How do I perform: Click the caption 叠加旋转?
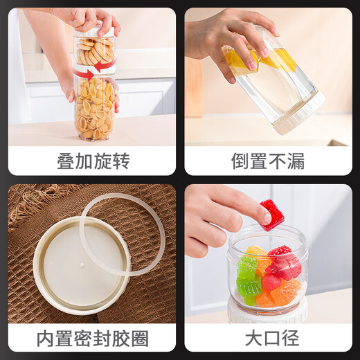pos(93,161)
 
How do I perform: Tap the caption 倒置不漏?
pos(267,161)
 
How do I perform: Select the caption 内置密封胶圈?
pos(93,339)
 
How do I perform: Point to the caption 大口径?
pos(267,339)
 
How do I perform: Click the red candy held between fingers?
pos(272,215)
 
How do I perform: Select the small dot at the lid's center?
pos(81,264)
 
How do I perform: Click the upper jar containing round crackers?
pos(95,48)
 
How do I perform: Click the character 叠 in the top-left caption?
pos(66,161)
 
